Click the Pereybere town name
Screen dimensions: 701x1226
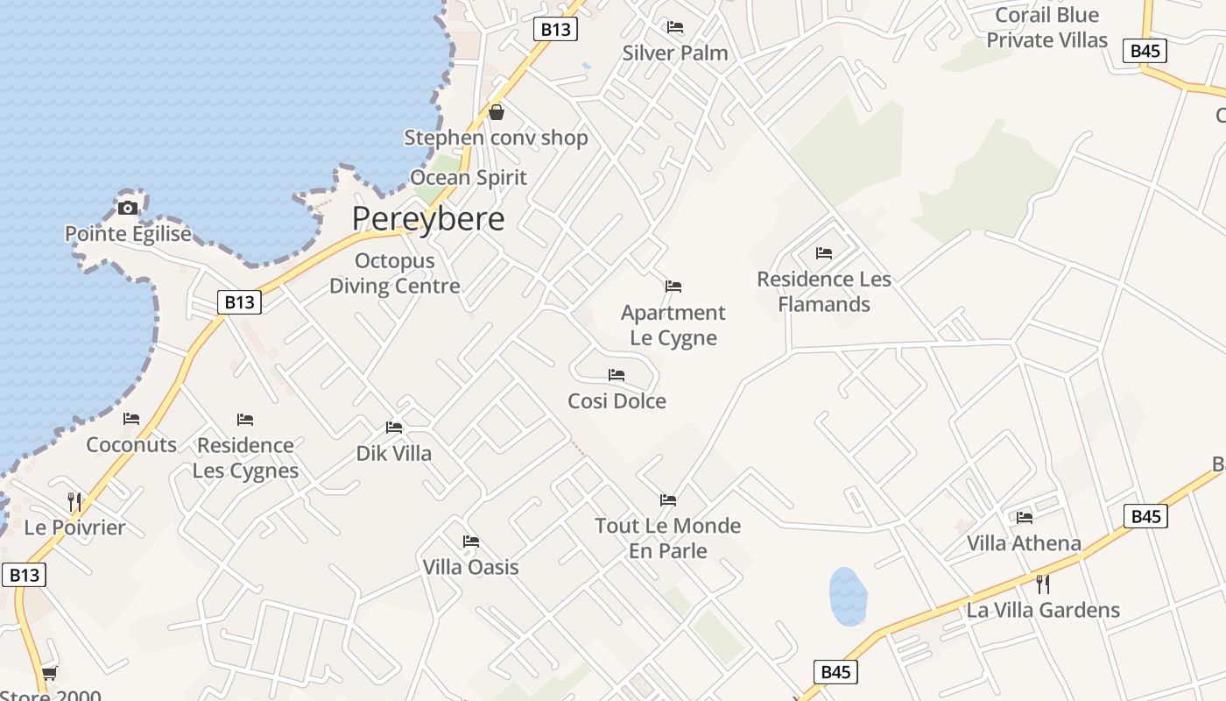coord(428,219)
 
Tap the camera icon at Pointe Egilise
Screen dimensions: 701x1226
coord(128,208)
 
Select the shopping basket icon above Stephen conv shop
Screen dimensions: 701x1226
coord(497,112)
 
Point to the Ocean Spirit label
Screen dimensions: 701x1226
coord(469,178)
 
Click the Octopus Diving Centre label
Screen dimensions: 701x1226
coord(394,273)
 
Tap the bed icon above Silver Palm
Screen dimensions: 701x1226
coord(675,27)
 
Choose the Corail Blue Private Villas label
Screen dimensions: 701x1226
coord(1046,28)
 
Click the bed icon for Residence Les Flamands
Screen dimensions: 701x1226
coord(824,253)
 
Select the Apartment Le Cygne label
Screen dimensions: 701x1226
coord(673,325)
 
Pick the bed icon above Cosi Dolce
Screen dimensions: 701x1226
coord(617,375)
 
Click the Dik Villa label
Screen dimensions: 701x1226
coord(393,454)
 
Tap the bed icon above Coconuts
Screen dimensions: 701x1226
coord(131,419)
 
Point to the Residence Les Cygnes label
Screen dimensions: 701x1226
coord(245,458)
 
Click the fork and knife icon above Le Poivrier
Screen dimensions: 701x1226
coord(74,502)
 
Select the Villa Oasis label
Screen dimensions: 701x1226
coord(470,568)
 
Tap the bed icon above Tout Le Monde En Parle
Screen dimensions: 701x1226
coord(668,500)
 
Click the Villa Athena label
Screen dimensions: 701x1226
coord(1024,543)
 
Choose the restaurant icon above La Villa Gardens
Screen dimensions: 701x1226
coord(1043,584)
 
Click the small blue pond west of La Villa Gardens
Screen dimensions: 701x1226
coord(847,597)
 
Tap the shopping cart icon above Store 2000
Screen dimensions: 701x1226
coord(50,673)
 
